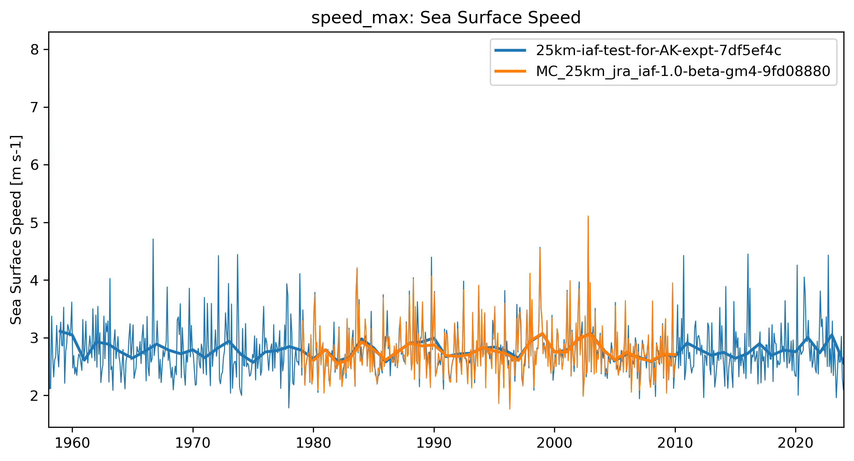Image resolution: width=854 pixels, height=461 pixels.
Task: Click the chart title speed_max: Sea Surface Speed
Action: (x=446, y=18)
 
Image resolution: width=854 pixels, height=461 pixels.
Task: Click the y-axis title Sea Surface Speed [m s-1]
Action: (x=16, y=230)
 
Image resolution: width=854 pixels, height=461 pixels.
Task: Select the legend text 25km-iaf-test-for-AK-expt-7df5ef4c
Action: (x=658, y=51)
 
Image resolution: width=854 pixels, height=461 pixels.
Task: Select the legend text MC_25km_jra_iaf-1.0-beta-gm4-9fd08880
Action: (x=683, y=71)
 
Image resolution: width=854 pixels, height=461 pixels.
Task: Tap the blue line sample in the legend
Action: (x=510, y=51)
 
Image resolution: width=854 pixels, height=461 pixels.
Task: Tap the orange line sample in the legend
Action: (x=510, y=71)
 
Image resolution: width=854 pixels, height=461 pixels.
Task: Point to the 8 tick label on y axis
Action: (x=35, y=50)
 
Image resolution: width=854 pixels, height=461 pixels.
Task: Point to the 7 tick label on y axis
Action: (x=35, y=108)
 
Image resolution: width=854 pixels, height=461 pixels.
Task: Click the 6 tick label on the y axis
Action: (x=35, y=165)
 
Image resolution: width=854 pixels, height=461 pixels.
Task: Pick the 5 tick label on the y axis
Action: (x=35, y=223)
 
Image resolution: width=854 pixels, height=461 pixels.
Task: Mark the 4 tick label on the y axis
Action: (x=35, y=281)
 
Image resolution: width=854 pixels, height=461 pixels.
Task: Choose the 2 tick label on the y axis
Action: (x=35, y=396)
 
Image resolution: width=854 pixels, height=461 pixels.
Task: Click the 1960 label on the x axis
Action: (x=72, y=443)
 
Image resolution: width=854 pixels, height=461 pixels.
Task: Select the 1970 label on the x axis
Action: (x=193, y=443)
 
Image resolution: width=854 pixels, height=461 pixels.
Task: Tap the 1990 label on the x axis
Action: (x=434, y=443)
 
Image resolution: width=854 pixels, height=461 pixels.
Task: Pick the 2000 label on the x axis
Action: (x=554, y=443)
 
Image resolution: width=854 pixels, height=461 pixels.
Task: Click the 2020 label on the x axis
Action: (x=795, y=443)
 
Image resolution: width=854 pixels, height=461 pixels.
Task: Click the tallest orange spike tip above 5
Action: (x=588, y=216)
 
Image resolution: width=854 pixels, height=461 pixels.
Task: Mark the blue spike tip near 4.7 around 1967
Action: (x=153, y=239)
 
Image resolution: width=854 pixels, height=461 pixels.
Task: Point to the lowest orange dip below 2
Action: (x=510, y=409)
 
